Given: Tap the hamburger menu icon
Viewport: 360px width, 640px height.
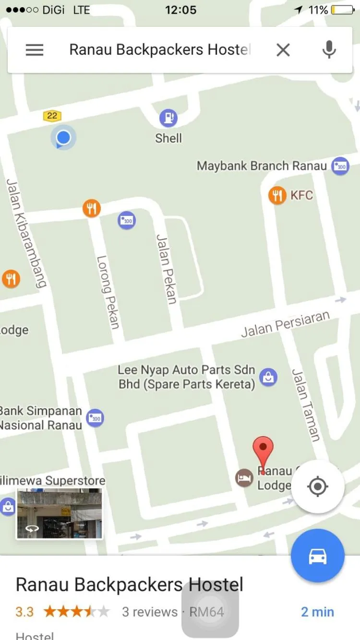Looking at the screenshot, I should [35, 50].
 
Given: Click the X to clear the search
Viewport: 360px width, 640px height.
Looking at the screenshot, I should [283, 50].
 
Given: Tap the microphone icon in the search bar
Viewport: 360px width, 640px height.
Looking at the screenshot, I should [329, 49].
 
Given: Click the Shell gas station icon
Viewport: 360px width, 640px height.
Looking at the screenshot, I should [168, 118].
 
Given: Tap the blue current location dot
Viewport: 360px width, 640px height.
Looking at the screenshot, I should [63, 138].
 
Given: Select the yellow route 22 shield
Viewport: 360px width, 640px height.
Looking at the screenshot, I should [52, 116].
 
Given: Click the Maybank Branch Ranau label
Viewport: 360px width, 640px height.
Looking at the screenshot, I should [262, 166].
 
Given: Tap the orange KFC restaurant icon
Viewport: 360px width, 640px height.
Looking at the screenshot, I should [277, 195].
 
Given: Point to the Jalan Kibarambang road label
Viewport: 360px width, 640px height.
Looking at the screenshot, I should [26, 233].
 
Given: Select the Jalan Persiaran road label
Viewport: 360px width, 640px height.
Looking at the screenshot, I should [285, 324].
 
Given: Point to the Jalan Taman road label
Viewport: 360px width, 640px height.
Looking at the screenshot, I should [306, 404].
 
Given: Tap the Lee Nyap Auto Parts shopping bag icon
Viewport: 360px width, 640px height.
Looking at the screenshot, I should [268, 378].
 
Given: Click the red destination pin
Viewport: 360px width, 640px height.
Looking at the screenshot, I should [263, 451].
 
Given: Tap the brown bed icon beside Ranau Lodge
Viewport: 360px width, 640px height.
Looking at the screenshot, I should [244, 478].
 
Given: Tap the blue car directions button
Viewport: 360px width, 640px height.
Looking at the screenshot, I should [317, 556].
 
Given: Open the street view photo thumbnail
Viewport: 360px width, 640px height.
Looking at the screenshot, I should [60, 513].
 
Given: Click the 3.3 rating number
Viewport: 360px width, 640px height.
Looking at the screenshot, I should [24, 612].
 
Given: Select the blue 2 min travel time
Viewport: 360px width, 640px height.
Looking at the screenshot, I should [317, 612].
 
